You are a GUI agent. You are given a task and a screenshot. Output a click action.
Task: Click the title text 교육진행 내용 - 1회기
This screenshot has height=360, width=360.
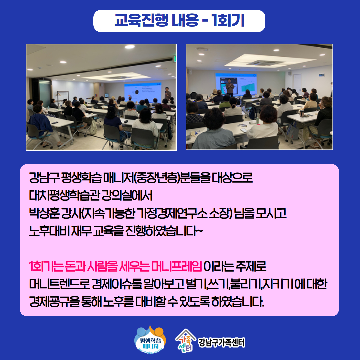pos(179,20)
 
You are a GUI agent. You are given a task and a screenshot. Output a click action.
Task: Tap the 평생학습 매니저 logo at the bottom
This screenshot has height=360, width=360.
pos(150,339)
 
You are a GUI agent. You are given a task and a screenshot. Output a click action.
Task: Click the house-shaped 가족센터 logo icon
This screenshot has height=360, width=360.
pos(186,341)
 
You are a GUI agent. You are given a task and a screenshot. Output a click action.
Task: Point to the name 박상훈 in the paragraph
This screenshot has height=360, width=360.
pos(44,213)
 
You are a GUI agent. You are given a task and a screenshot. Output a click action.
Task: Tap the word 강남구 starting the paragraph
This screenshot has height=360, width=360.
pos(44,178)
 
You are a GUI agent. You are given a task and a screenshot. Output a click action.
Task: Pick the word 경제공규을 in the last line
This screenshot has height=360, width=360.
pos(54,302)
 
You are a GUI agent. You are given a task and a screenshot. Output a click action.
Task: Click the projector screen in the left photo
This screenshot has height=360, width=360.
pos(143,93)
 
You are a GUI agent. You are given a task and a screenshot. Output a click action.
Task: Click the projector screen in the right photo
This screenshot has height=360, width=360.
pos(236,84)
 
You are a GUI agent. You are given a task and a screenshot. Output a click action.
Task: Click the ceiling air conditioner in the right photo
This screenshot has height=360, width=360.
pos(264,63)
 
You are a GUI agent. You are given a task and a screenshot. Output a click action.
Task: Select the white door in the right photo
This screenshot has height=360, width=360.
pos(297,83)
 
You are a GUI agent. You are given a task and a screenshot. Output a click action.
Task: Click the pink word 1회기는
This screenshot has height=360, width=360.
pos(46,266)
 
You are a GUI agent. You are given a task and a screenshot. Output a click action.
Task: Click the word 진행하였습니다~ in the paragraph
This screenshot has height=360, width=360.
pos(164,231)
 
